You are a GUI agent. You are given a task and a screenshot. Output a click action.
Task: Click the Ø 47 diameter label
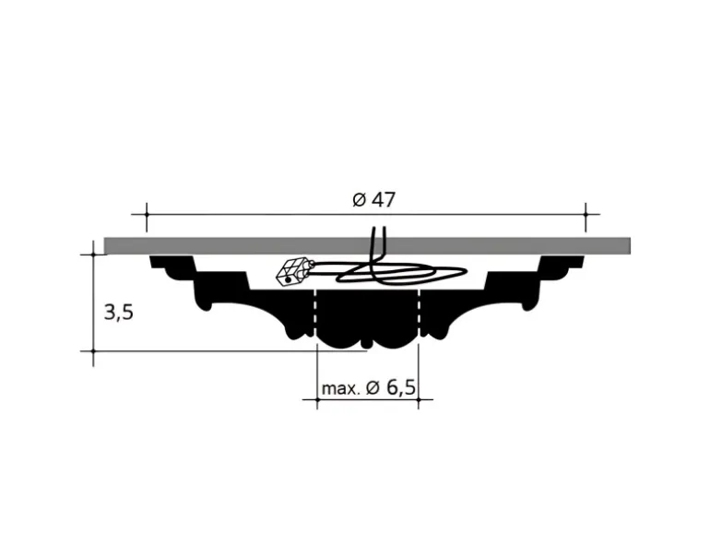coord(374,200)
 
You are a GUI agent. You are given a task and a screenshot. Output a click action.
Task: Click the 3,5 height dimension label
coord(119,312)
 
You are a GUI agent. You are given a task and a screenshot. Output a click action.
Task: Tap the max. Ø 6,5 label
coord(368,387)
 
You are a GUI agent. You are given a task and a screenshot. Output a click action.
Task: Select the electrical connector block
coord(293,272)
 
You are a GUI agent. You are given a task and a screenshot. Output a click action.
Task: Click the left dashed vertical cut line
coord(315,314)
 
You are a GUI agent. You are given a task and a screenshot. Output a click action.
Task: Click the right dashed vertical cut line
coord(420,314)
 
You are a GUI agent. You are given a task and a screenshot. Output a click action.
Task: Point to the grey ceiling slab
coord(367,245)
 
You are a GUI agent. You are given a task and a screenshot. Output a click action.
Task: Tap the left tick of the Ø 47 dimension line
coord(147,214)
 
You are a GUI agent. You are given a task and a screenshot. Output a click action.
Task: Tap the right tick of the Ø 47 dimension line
coord(586,214)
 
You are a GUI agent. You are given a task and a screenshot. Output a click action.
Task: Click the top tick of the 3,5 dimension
coord(94,255)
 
